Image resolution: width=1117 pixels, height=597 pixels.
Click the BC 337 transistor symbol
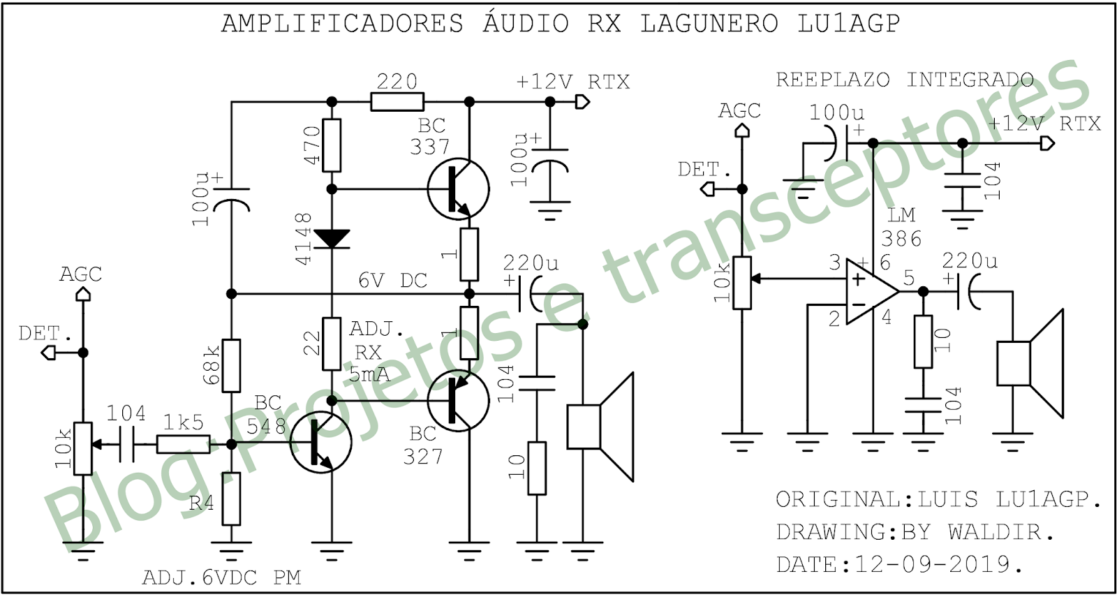pos(458,189)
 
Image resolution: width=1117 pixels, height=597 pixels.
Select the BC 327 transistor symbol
pos(458,401)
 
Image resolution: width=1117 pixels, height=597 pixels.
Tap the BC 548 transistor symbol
pos(320,443)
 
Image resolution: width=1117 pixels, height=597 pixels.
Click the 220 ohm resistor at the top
pos(397,102)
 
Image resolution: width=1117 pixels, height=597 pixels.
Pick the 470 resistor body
pos(332,145)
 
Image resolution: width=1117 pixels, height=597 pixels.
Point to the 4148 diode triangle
pos(332,239)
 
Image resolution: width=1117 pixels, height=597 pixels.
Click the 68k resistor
pos(231,365)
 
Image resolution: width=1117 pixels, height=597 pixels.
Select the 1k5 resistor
pos(183,443)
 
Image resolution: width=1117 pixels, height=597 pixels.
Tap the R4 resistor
pos(231,499)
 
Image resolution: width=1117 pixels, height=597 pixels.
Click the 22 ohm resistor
pos(332,344)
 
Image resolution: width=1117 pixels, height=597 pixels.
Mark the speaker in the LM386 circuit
pos(1030,363)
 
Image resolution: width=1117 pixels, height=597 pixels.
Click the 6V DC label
pos(392,281)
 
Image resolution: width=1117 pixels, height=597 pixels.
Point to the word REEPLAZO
pos(833,80)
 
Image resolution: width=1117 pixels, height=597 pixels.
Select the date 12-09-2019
pos(933,563)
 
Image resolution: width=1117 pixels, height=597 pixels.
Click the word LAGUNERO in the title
pos(709,24)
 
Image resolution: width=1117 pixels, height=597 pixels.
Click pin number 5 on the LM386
pos(909,277)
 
